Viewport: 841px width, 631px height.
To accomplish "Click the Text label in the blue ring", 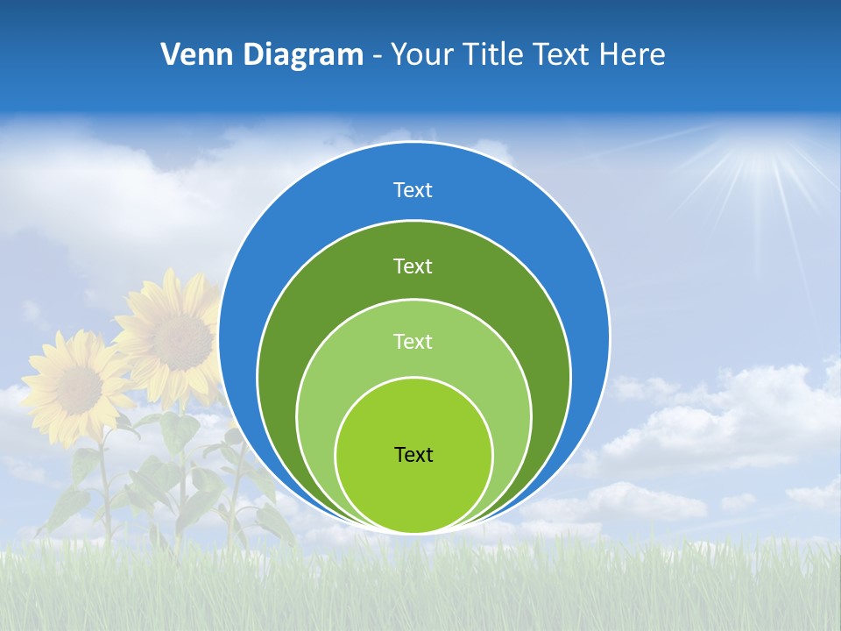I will pyautogui.click(x=413, y=190).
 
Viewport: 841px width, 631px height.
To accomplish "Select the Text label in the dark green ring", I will pyautogui.click(x=413, y=266).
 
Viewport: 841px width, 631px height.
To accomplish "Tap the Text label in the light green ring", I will pyautogui.click(x=413, y=342).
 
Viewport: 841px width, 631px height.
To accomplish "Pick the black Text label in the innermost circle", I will pyautogui.click(x=413, y=455).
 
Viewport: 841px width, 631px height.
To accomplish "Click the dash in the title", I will pyautogui.click(x=377, y=56).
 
